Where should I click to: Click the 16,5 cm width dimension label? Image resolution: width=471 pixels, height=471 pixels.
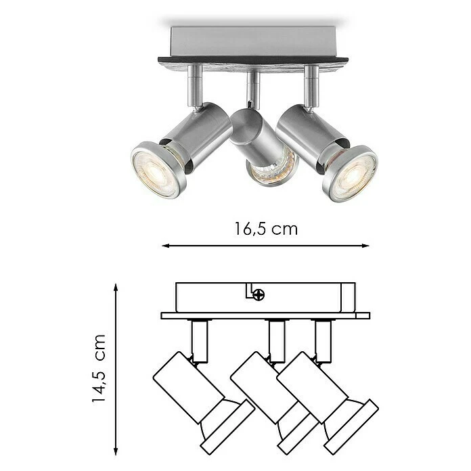click(x=266, y=228)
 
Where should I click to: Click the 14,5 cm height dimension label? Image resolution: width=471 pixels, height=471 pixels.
click(x=99, y=368)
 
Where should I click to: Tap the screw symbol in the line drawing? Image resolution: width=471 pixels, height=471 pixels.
click(x=259, y=294)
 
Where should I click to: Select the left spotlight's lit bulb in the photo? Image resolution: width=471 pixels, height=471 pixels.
click(x=156, y=169)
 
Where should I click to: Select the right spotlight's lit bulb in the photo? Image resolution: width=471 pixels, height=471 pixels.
click(x=352, y=173)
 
